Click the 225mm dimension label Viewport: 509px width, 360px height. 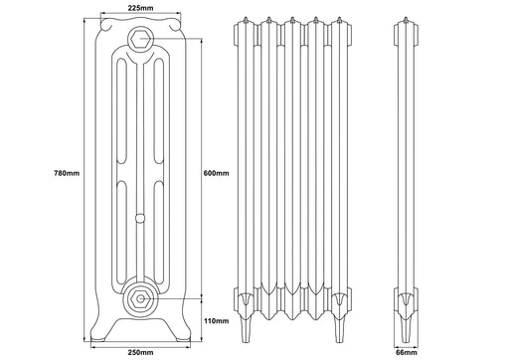pyautogui.click(x=141, y=8)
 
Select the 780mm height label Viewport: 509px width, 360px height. pyautogui.click(x=67, y=173)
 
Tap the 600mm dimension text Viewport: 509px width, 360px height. pyautogui.click(x=216, y=173)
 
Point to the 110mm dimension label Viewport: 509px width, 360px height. pyautogui.click(x=216, y=320)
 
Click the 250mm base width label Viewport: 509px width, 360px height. pyautogui.click(x=141, y=352)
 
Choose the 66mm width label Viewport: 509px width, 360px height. pyautogui.click(x=407, y=352)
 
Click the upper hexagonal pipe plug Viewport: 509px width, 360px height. pyautogui.click(x=141, y=39)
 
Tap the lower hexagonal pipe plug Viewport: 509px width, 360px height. pyautogui.click(x=140, y=298)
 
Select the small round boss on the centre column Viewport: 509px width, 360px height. pyautogui.click(x=140, y=218)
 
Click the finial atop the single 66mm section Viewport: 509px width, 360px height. pyautogui.click(x=406, y=20)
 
